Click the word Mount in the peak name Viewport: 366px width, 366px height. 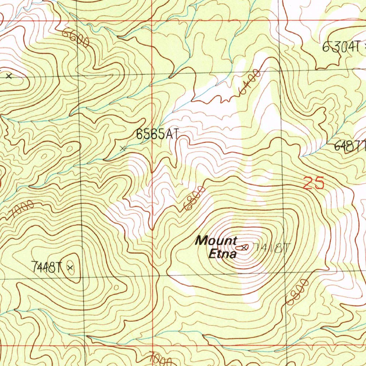point(216,241)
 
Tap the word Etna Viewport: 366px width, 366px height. point(222,254)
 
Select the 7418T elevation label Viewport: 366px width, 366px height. point(272,247)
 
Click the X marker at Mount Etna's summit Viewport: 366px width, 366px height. point(244,247)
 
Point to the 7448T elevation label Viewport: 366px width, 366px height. point(47,267)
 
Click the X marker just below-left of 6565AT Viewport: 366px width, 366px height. point(123,148)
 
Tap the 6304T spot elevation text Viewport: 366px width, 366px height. point(341,47)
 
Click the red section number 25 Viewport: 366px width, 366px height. point(314,183)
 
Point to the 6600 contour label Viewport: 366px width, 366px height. point(75,38)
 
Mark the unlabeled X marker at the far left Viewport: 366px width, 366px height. point(9,76)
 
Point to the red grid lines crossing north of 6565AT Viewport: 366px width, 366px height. point(152,20)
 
